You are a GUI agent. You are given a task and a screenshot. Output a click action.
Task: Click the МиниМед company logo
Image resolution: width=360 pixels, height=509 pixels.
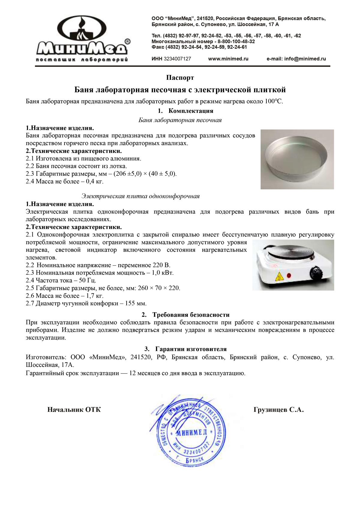pos(82,38)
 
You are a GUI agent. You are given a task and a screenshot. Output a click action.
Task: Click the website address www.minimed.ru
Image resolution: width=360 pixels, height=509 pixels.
pos(228,59)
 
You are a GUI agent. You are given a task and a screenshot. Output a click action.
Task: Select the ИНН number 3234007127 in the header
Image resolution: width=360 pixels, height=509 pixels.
pos(177,59)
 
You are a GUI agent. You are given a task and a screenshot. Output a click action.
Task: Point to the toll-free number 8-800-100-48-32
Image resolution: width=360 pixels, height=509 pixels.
pos(236,41)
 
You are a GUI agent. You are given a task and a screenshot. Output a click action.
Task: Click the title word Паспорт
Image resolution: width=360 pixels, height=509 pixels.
pos(180,78)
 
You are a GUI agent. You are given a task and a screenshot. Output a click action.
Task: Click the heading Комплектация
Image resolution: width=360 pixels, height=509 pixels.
pos(191,111)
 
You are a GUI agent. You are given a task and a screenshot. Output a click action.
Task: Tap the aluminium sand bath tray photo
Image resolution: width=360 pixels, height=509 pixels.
pos(297,159)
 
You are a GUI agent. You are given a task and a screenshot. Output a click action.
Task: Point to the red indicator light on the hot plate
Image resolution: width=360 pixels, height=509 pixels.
pos(289,275)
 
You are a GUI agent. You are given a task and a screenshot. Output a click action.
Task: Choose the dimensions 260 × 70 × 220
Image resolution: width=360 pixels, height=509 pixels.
pos(159,288)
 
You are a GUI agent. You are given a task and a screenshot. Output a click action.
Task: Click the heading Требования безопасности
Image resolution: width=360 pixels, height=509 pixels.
pos(191,315)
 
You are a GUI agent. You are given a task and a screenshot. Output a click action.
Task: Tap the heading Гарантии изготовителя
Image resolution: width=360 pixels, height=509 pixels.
pos(191,349)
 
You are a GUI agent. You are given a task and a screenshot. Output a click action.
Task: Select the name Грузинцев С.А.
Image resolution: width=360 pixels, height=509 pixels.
pos(278,410)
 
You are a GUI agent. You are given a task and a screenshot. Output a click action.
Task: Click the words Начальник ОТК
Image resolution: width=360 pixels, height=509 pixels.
pos(74,410)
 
